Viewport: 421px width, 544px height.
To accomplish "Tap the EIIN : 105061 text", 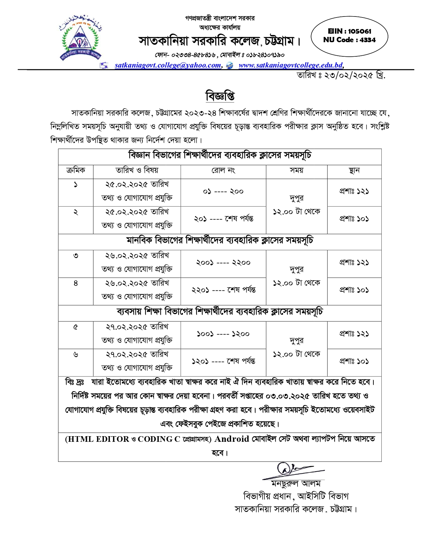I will (x=349, y=31).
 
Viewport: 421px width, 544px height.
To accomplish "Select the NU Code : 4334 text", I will (x=349, y=40).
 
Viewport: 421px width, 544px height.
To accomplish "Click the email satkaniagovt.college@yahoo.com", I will (x=168, y=65).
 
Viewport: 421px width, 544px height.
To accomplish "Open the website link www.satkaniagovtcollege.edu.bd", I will (x=291, y=65).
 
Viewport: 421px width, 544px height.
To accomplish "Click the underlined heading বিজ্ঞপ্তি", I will (x=220, y=96).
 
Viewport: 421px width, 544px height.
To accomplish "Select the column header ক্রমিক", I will (x=76, y=170).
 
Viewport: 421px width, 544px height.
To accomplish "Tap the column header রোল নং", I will (x=223, y=170).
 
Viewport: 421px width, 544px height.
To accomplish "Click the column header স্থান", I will (x=354, y=170).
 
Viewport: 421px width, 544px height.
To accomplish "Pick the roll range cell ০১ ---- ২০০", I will (x=223, y=192).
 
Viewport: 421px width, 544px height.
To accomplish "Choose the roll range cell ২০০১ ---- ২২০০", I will (x=223, y=263).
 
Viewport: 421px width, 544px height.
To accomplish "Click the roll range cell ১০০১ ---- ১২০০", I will (x=223, y=334).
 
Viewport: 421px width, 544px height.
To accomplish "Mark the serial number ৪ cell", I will (x=76, y=283).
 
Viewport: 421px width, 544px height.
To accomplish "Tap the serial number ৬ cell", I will (x=76, y=354).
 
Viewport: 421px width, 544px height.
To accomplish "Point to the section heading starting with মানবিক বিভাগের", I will (x=220, y=241).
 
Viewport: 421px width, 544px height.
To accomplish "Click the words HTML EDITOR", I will (x=98, y=439).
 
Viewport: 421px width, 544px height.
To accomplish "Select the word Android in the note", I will (x=232, y=439).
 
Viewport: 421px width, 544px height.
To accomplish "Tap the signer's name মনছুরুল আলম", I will (x=296, y=484).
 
